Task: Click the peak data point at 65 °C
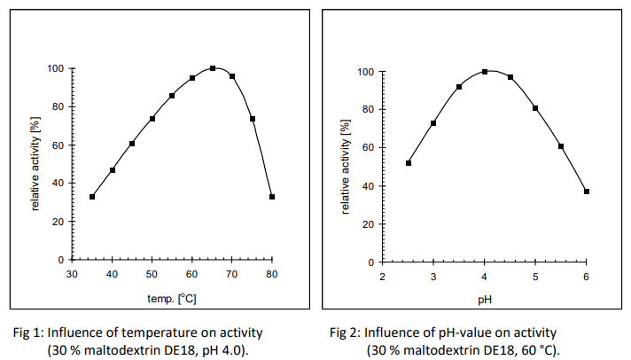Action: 213,68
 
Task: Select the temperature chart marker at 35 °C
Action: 92,197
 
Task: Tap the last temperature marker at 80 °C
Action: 272,197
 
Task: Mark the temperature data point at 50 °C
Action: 152,119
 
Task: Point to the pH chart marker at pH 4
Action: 485,72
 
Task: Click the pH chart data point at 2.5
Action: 409,163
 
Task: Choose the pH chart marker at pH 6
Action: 587,192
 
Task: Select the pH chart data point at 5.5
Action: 561,146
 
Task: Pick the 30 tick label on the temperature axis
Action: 73,274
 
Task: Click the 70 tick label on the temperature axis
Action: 232,274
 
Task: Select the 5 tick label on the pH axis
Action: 535,278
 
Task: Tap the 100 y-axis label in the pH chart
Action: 363,72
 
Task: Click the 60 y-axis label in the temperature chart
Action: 57,145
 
